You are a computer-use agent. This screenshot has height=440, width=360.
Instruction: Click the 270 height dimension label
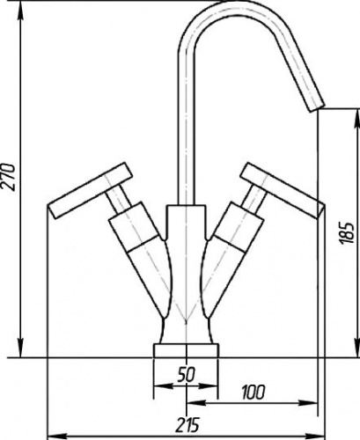coord(8,177)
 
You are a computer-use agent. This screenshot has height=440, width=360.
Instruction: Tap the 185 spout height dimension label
coord(348,233)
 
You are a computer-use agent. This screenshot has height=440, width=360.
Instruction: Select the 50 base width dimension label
coord(186,375)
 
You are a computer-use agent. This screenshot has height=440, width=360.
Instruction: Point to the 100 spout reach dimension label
coord(253,392)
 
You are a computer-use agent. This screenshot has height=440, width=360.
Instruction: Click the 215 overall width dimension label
coord(187,424)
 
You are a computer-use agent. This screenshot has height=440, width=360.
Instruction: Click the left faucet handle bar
coord(92,191)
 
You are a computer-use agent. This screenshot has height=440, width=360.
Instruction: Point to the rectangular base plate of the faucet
coord(187,350)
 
